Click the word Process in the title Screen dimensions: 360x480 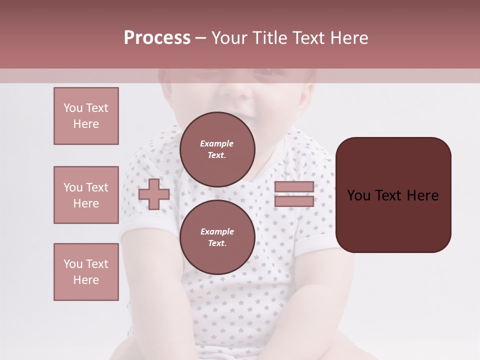point(157,38)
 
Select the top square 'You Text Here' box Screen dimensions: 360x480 point(86,116)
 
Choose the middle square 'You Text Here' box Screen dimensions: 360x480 point(86,195)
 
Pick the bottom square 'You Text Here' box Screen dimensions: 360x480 point(86,272)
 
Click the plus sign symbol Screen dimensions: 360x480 point(154,194)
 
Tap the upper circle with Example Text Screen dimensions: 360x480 point(217,149)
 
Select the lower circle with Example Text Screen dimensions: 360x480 point(217,237)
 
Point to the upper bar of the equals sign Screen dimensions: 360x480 point(294,186)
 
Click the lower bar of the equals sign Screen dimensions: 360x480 point(294,201)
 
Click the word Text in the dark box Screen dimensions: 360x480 point(387,195)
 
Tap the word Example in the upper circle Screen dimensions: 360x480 point(217,143)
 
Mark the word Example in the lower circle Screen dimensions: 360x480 point(217,231)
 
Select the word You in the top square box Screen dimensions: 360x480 point(73,108)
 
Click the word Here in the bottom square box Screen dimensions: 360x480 point(86,280)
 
